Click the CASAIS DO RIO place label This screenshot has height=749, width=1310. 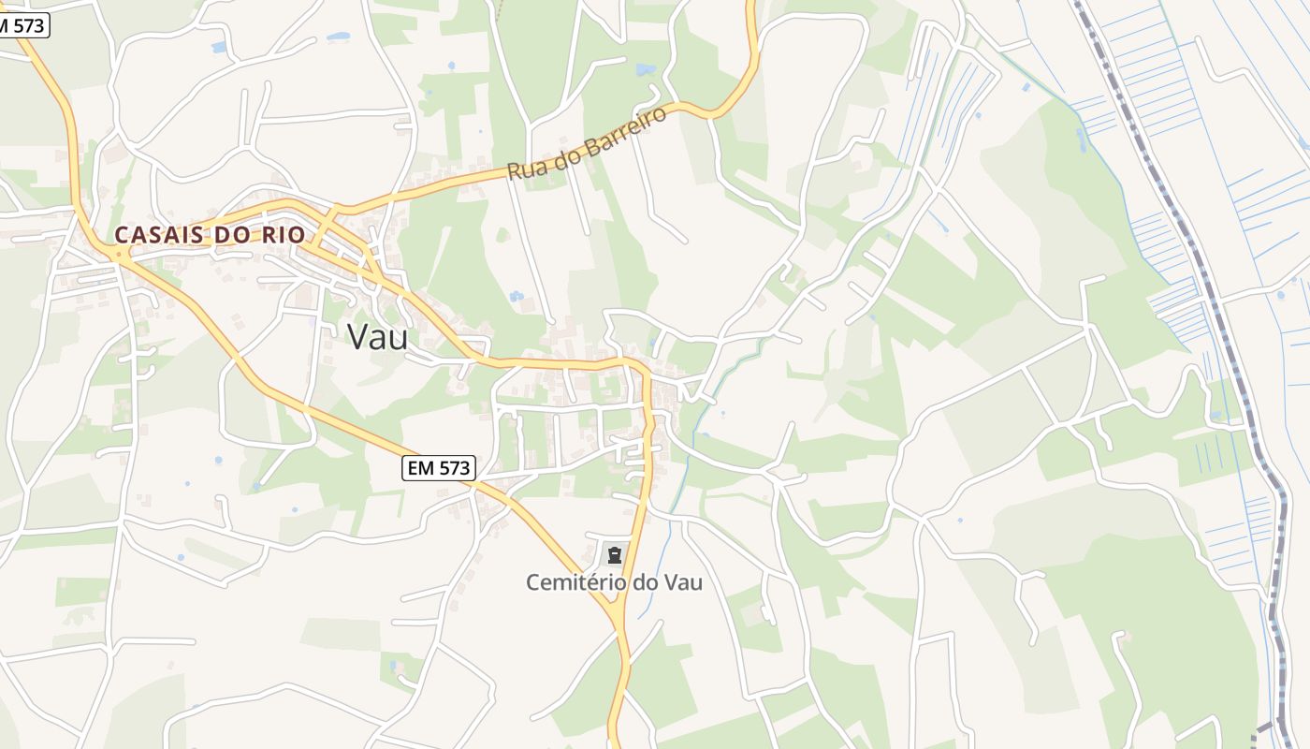coord(210,234)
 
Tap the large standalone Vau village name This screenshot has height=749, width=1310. coord(377,337)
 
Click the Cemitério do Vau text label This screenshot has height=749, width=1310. coord(614,582)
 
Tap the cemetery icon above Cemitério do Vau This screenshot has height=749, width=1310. coord(614,553)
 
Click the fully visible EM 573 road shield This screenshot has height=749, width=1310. coord(439,468)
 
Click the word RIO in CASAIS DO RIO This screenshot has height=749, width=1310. coord(284,234)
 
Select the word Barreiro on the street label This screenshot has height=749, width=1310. coord(624,130)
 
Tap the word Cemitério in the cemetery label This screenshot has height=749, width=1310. coord(575,582)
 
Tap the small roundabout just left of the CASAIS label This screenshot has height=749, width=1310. coord(118,253)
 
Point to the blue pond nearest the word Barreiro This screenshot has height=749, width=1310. coord(645,69)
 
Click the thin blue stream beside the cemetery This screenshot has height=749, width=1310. coord(666,543)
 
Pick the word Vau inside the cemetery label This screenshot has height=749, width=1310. coord(682,582)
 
